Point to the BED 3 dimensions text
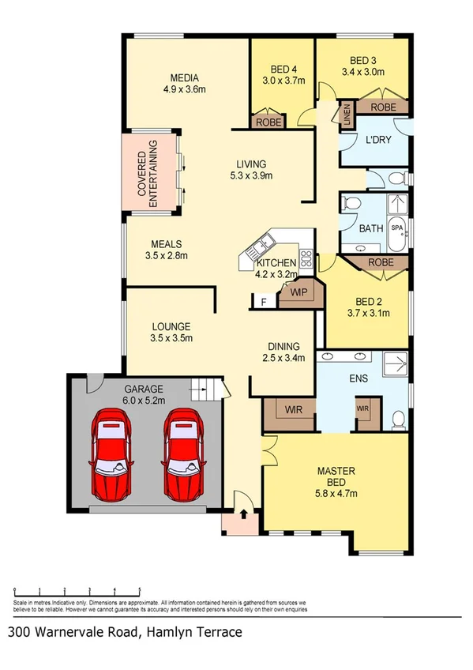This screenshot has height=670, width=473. [x=362, y=72]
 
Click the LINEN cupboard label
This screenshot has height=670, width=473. [x=346, y=115]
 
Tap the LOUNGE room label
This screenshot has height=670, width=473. [x=171, y=326]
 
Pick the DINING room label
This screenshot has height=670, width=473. [x=283, y=346]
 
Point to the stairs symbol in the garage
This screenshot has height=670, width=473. [x=204, y=390]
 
